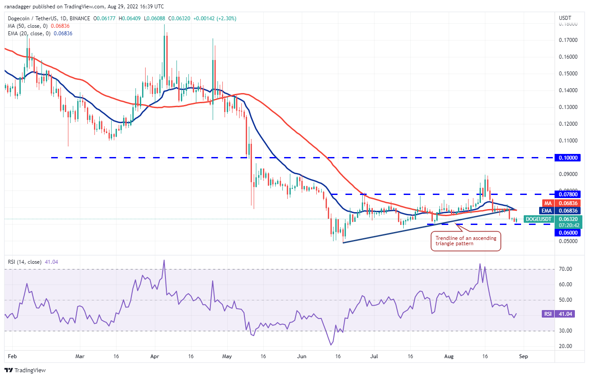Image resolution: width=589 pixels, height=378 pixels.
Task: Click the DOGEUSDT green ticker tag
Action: pos(537,219)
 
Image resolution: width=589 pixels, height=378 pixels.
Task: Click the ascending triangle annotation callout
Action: pos(465,241)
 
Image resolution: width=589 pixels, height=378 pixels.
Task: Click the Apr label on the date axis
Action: pos(154,355)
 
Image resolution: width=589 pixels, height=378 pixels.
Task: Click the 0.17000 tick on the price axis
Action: pos(569,40)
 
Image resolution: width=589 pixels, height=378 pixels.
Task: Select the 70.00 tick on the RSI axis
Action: pos(566,269)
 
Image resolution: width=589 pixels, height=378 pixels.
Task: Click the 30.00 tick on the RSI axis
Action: pos(566,331)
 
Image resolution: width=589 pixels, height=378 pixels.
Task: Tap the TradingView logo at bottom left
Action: pos(25,370)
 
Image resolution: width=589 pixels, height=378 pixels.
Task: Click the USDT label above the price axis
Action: pos(565,18)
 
